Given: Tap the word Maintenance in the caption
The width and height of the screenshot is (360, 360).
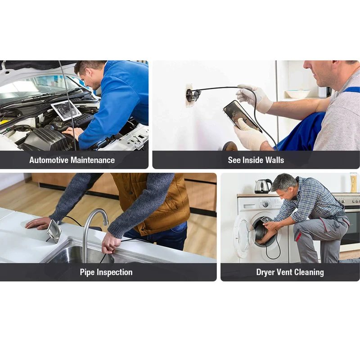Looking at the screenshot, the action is tap(93, 160).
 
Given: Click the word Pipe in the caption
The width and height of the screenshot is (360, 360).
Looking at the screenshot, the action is tap(87, 272).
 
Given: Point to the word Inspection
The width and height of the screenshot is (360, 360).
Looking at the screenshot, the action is tap(115, 272).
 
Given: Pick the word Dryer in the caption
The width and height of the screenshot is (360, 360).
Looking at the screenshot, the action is tap(265, 272).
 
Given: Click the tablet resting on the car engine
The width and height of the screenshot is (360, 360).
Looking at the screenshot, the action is tap(66, 110).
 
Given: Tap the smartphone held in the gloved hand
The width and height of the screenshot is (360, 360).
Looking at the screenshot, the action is tap(243, 116).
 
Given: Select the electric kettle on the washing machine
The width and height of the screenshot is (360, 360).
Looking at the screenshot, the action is tap(263, 186).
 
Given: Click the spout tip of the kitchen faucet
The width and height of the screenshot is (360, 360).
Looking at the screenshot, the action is tap(105, 222).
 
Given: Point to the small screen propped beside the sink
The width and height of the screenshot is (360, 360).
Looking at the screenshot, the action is tap(54, 231).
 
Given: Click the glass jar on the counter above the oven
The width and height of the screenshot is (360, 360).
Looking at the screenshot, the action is tap(354, 183).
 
